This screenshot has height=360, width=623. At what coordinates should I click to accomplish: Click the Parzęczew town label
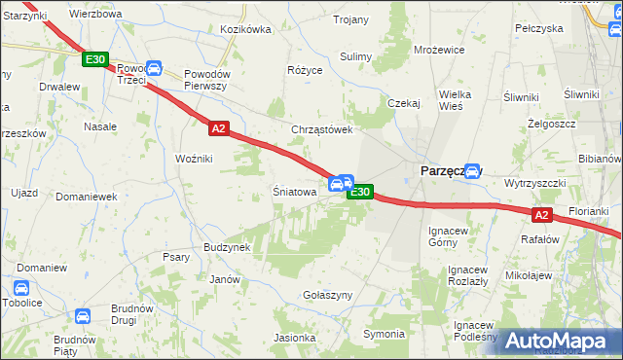(x=443, y=170)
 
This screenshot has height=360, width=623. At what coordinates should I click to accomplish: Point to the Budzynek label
(x=227, y=247)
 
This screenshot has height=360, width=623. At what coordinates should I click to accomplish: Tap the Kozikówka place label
(x=245, y=29)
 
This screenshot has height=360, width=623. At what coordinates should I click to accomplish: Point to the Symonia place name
(x=383, y=334)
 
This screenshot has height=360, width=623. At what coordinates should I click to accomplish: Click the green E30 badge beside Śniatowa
(x=359, y=192)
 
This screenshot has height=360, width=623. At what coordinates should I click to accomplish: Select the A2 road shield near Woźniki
(x=218, y=127)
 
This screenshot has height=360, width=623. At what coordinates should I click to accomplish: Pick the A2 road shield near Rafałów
(x=541, y=215)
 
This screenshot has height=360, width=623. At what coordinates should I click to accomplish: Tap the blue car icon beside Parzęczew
(x=472, y=170)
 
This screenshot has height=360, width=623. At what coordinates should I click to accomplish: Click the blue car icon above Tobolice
(x=21, y=288)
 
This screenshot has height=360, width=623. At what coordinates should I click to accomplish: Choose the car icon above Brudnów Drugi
(x=83, y=316)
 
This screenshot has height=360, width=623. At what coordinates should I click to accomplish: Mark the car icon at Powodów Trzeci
(x=153, y=69)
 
